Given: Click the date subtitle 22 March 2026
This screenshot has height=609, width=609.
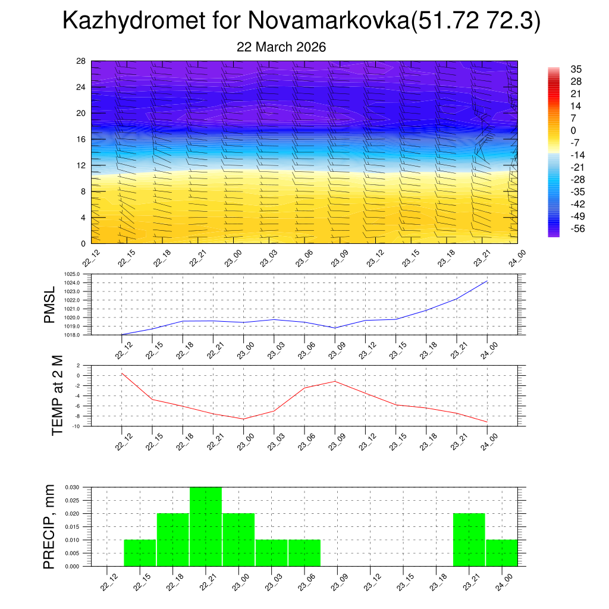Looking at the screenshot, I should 281,47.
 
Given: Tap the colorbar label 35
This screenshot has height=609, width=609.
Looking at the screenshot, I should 576,69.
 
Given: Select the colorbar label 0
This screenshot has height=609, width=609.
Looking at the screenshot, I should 573,130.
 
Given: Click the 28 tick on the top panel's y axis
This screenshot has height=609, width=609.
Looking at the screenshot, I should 81,61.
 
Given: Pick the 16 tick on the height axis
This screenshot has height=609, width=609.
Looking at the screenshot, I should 81,139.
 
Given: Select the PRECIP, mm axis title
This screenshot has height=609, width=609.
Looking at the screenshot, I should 49,526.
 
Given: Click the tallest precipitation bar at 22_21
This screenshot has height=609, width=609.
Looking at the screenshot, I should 206,526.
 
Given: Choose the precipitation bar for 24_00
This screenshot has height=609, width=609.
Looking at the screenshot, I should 501,553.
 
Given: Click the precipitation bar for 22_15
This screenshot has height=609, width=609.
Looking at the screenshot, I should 140,553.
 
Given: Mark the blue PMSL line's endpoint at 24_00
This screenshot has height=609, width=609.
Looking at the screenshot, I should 487,281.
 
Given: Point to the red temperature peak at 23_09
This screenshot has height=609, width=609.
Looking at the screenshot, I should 335,381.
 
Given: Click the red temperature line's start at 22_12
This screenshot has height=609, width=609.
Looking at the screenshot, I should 122,373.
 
